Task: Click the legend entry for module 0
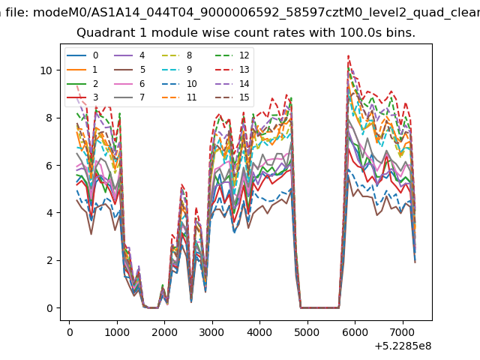pos(82,55)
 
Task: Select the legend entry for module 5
pos(130,70)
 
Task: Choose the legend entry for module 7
pos(130,97)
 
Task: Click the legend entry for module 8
pos(177,55)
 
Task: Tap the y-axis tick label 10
pos(46,70)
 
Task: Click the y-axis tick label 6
pos(49,166)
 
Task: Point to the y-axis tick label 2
pos(49,261)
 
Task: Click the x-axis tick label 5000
pos(307,332)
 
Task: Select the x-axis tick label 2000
pos(164,332)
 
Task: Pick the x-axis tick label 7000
pos(403,332)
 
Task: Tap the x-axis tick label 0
pos(70,332)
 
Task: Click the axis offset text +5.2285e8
pos(403,346)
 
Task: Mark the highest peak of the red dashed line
pos(348,55)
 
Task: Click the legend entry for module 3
pos(82,97)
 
